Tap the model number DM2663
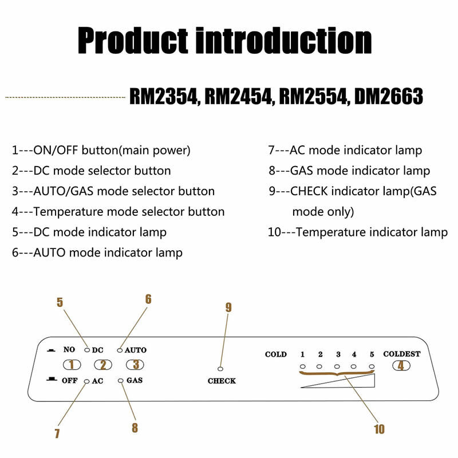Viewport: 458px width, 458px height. click(389, 96)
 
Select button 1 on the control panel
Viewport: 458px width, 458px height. click(72, 365)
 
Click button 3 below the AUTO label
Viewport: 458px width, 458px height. click(135, 364)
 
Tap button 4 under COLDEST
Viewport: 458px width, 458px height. click(401, 365)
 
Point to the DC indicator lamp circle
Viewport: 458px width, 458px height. click(87, 350)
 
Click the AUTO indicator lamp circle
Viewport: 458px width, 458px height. click(120, 350)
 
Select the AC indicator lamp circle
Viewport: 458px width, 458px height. click(87, 381)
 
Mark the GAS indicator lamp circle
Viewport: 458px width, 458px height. click(121, 381)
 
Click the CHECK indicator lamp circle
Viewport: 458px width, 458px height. click(220, 369)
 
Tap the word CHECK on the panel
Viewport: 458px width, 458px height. click(222, 381)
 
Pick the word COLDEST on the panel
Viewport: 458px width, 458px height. click(402, 354)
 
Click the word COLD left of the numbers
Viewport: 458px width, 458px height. click(276, 354)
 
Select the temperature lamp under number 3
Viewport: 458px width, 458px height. click(337, 366)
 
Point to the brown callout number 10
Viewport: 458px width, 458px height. click(380, 429)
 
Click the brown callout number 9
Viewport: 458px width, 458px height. click(228, 307)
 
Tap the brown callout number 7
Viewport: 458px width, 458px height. click(57, 433)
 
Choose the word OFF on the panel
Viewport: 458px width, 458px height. click(69, 381)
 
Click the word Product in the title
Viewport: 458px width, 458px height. click(133, 40)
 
